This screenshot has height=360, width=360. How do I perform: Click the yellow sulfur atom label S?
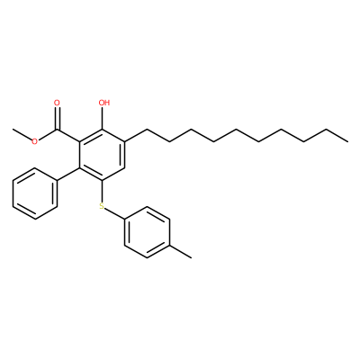[102, 206]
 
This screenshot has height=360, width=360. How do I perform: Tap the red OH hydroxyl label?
[104, 103]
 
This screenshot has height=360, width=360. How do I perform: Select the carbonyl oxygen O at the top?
[57, 103]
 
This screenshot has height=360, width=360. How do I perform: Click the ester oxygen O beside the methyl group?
[35, 141]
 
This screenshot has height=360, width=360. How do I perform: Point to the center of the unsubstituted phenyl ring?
[35, 193]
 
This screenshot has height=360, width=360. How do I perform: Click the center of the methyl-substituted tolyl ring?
[147, 232]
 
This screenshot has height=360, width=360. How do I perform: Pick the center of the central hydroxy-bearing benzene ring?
[102, 155]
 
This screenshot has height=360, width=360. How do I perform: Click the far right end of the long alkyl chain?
[348, 141]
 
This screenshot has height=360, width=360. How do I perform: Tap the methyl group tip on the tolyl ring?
[192, 257]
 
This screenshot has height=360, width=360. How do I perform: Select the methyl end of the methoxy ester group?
[13, 129]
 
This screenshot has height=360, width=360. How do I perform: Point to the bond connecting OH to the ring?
[103, 118]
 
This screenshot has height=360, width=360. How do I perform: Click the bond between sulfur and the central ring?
[102, 191]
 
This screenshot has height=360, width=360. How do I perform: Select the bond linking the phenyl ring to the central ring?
[68, 174]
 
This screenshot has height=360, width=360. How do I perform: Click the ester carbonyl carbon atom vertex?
[57, 129]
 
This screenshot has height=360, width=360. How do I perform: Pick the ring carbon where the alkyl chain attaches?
[124, 141]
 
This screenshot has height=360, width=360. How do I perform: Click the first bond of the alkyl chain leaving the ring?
[136, 135]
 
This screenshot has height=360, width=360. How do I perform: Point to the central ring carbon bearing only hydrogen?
[124, 167]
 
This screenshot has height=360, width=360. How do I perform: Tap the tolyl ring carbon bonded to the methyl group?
[169, 245]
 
